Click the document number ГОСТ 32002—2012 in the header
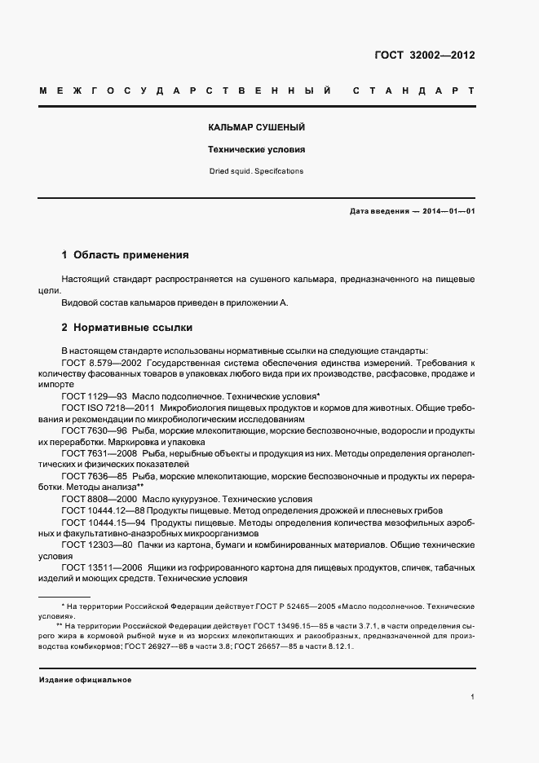(425, 56)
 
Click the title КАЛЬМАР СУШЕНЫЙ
(256, 129)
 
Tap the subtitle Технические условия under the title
(256, 150)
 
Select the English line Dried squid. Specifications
(256, 171)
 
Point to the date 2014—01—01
(448, 211)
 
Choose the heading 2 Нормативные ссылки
(127, 328)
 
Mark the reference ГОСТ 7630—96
(93, 430)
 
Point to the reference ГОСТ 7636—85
(93, 475)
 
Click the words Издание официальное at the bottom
(85, 680)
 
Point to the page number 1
(473, 697)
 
